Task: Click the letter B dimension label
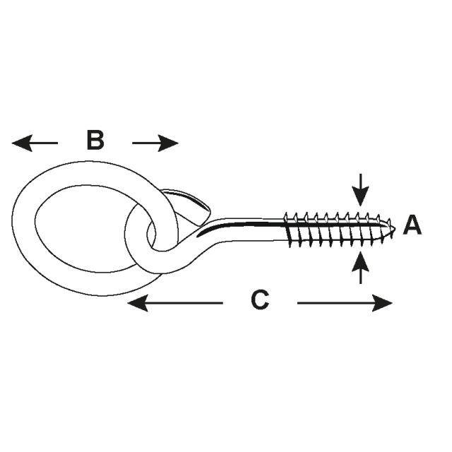coord(95,141)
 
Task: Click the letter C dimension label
coord(260,300)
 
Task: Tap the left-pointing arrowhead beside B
coord(22,143)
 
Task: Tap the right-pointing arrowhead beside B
coord(168,143)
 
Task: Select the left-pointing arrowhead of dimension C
coord(138,303)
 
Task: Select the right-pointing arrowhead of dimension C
coord(382,303)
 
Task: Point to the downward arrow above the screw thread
coord(360,190)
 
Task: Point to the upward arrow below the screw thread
coord(360,268)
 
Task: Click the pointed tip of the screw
coord(394,229)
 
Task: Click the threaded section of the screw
coord(338,230)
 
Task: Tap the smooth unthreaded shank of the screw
coord(248,230)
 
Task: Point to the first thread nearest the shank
coord(287,230)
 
